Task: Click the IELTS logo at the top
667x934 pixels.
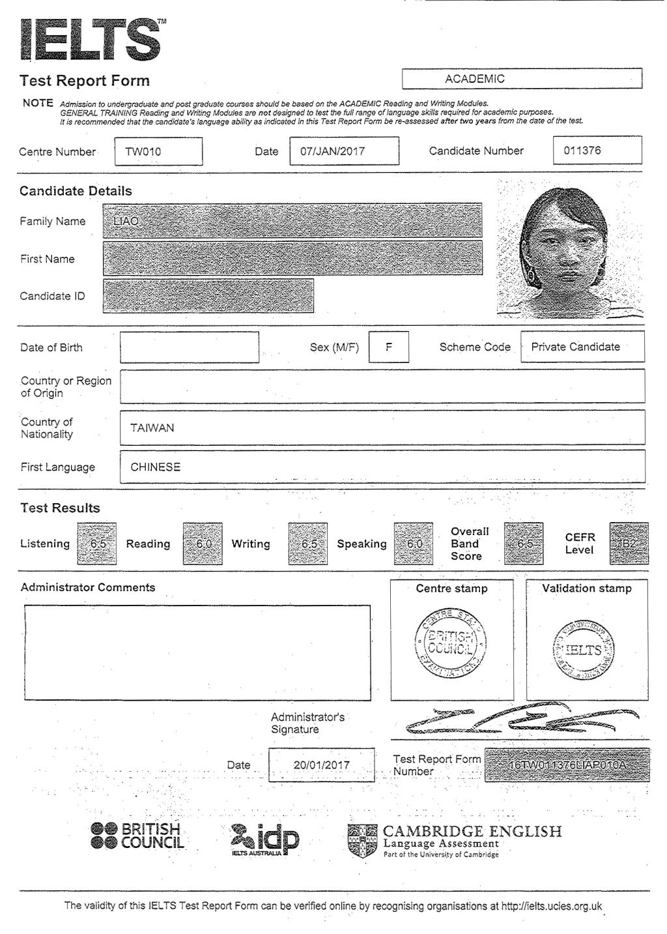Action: click(x=91, y=40)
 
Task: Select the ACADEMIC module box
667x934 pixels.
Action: click(x=522, y=79)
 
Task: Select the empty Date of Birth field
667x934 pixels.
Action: click(x=189, y=347)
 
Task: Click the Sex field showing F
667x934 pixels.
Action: click(x=388, y=347)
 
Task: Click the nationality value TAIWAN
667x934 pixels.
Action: click(x=152, y=428)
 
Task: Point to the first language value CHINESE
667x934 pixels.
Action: click(x=156, y=467)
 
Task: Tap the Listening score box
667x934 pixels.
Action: click(x=97, y=544)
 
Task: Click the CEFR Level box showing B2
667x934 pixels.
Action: click(x=629, y=544)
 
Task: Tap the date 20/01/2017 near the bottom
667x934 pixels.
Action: click(x=322, y=765)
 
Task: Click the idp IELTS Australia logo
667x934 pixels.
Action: click(x=265, y=840)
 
